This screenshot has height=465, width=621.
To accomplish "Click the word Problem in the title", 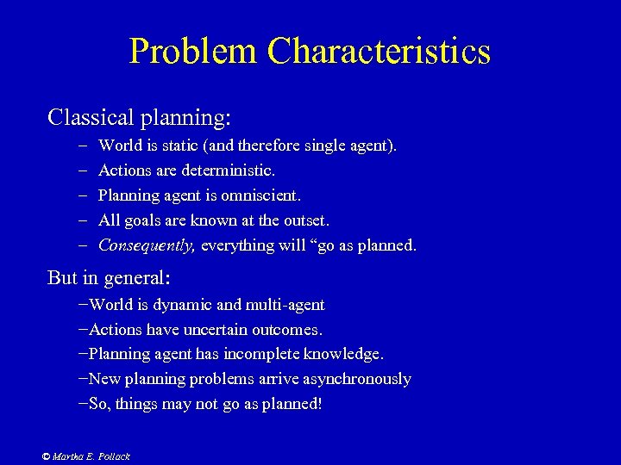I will click(x=193, y=52).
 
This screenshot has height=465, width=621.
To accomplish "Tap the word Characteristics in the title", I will click(x=379, y=52).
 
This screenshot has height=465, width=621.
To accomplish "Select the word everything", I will click(x=238, y=245).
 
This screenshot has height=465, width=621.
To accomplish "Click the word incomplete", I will click(x=277, y=354).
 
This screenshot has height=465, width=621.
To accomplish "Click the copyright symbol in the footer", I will click(x=46, y=456).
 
